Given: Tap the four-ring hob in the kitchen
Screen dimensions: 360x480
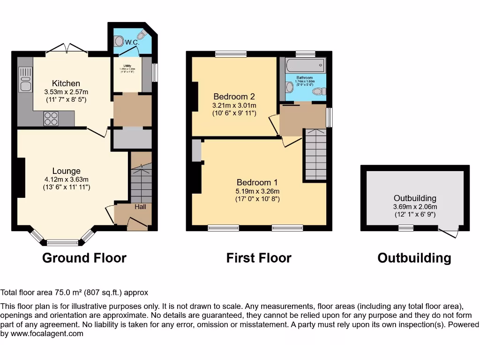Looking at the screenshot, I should click(51, 118).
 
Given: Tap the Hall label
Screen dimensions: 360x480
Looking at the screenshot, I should click(140, 207).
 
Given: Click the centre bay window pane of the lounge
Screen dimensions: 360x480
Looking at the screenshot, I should click(62, 242).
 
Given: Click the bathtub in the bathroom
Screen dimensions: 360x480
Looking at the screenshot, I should click(305, 65).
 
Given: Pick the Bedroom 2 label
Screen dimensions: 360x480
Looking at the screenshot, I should click(234, 97).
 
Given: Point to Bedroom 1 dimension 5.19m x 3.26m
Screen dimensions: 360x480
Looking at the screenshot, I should click(257, 191).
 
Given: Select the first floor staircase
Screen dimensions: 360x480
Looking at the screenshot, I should click(315, 155).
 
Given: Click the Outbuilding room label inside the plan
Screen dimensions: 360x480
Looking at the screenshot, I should click(415, 198).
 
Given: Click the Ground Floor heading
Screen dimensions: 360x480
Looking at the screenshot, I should click(84, 258).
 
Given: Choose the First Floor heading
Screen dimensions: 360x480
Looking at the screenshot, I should click(259, 258).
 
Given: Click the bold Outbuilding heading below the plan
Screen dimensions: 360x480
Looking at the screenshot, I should click(414, 258).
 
